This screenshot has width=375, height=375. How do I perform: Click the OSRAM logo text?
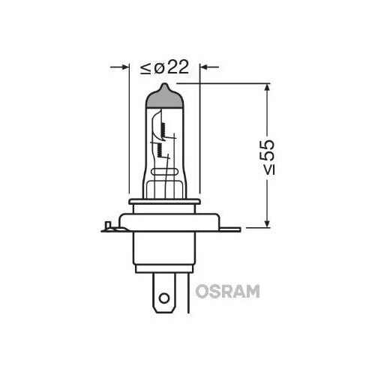click(227, 292)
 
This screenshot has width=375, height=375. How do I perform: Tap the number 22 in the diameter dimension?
click(178, 67)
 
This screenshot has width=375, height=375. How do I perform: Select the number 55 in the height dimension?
click(267, 150)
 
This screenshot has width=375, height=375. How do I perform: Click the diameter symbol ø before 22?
click(159, 68)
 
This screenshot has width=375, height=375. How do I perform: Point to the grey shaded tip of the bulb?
click(164, 96)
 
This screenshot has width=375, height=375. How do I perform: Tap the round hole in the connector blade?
click(164, 298)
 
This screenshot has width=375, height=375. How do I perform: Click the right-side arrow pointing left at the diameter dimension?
click(210, 67)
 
